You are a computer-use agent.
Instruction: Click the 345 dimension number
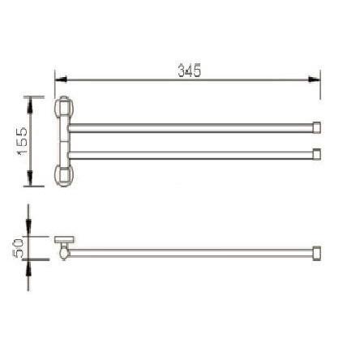pyautogui.click(x=190, y=71)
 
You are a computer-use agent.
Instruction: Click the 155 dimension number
pyautogui.click(x=23, y=140)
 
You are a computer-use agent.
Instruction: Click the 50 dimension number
pyautogui.click(x=19, y=248)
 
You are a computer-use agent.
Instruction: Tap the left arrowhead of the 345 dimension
pyautogui.click(x=61, y=79)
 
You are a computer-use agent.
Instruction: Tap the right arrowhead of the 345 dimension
pyautogui.click(x=315, y=79)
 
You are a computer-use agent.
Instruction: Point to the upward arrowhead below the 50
pyautogui.click(x=28, y=267)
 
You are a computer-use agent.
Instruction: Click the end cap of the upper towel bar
pyautogui.click(x=317, y=127)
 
